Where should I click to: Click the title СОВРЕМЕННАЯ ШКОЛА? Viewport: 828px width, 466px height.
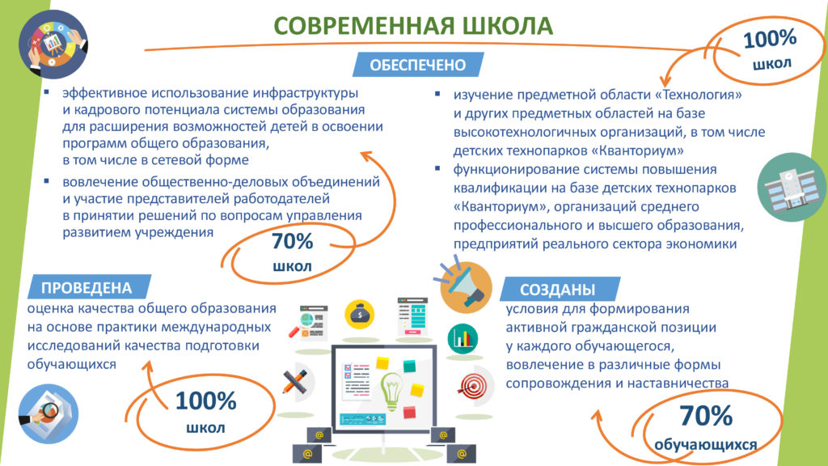coord(413,26)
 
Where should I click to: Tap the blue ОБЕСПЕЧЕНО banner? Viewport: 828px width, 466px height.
coord(418,65)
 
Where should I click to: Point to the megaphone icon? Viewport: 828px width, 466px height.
coord(463,286)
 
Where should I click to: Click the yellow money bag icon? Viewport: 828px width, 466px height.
coord(360,315)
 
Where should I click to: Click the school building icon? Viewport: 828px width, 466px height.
coord(791,187)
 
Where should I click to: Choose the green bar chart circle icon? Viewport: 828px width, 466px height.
coord(463,339)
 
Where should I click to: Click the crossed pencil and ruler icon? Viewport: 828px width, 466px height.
coord(295,382)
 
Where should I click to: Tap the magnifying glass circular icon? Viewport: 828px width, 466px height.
coord(48,413)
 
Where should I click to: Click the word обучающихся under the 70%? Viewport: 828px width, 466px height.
coord(705,445)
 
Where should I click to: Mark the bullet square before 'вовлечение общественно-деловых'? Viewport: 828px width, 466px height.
coord(46,180)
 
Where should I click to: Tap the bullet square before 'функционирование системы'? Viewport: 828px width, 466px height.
coord(437,168)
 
